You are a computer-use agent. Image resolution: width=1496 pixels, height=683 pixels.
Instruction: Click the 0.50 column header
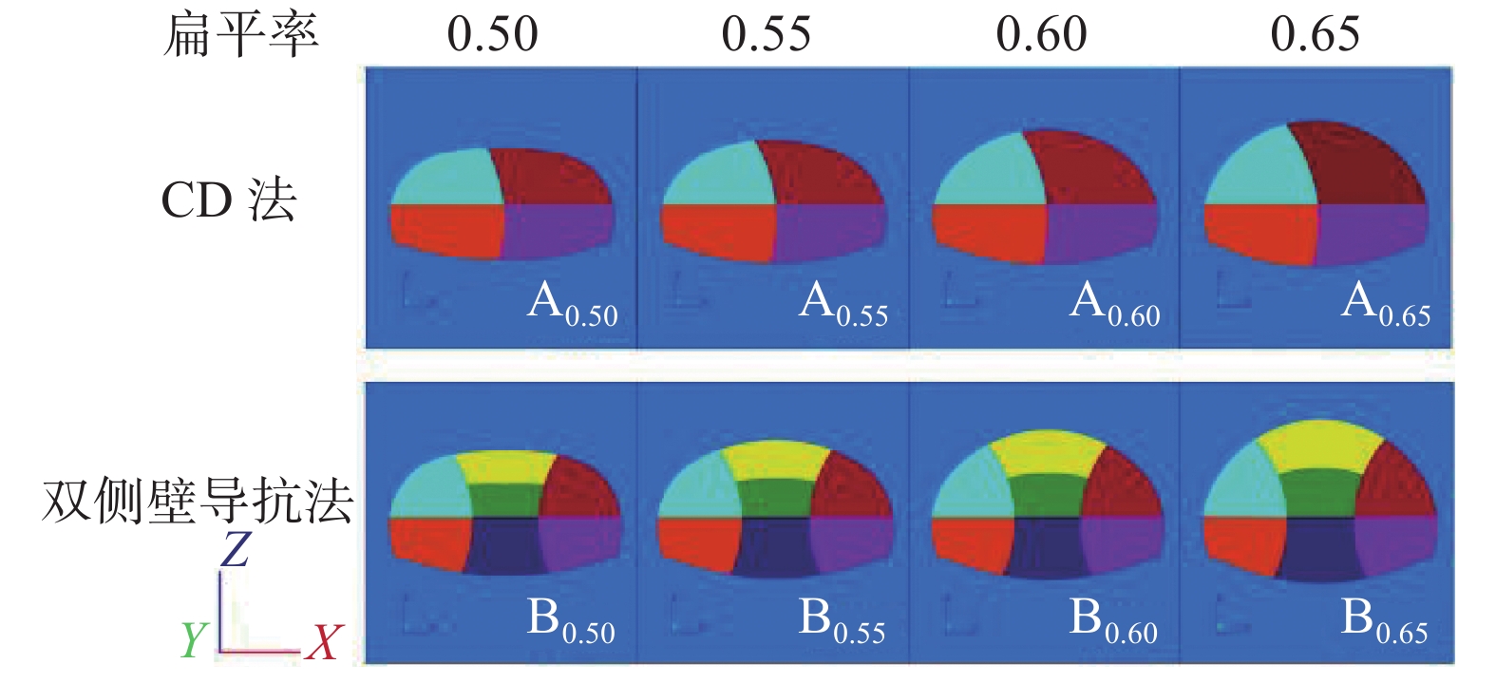pyautogui.click(x=492, y=35)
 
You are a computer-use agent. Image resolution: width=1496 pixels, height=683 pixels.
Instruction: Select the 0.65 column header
pyautogui.click(x=1315, y=35)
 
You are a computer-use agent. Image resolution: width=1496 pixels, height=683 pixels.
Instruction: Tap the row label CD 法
pyautogui.click(x=229, y=200)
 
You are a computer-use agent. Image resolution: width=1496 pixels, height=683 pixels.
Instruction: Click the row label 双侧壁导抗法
pyautogui.click(x=198, y=501)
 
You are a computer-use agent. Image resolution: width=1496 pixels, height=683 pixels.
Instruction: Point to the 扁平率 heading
pyautogui.click(x=240, y=35)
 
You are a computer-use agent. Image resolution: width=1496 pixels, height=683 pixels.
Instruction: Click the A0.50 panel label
pyautogui.click(x=572, y=304)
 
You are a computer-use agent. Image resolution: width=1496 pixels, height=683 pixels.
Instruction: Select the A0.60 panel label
pyautogui.click(x=1114, y=304)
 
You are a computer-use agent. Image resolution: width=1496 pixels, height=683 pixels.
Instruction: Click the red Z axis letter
pyautogui.click(x=235, y=550)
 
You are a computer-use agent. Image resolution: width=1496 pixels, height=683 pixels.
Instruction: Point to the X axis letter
pyautogui.click(x=323, y=643)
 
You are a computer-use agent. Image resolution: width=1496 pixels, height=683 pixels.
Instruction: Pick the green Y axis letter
pyautogui.click(x=193, y=640)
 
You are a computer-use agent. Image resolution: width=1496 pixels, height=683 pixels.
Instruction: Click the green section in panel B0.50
pyautogui.click(x=505, y=500)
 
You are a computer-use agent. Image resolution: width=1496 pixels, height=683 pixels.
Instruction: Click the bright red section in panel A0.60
pyautogui.click(x=988, y=231)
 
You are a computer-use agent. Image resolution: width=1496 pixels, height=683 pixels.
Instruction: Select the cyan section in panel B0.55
pyautogui.click(x=699, y=489)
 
